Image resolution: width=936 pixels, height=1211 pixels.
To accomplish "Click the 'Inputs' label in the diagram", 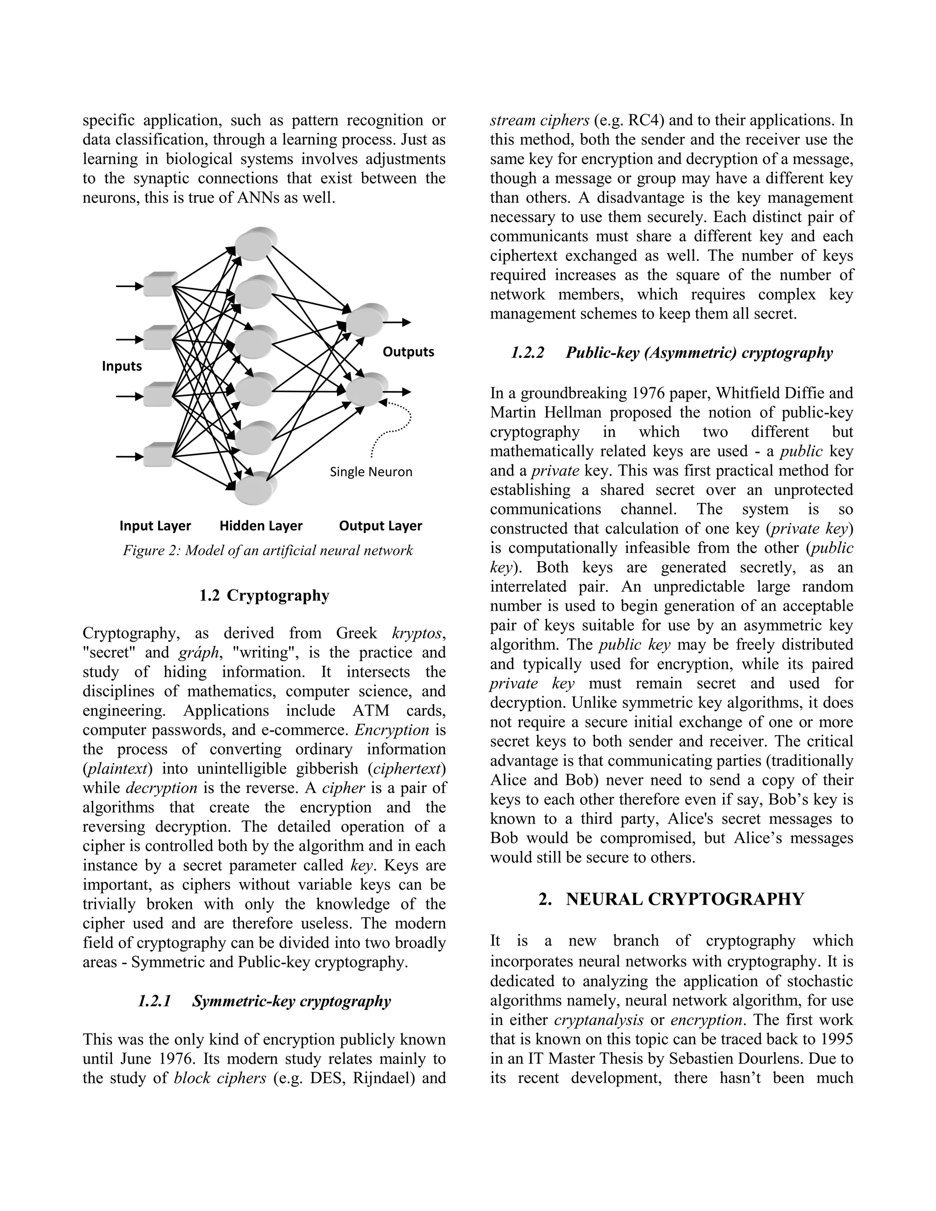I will click(x=122, y=366).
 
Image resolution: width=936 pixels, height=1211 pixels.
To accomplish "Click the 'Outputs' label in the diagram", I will click(x=408, y=351).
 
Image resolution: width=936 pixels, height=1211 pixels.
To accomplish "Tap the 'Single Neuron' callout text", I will click(x=371, y=472).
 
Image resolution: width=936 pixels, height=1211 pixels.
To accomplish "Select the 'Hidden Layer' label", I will click(x=261, y=526).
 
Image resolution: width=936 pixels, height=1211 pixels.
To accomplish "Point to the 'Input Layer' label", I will click(x=155, y=526).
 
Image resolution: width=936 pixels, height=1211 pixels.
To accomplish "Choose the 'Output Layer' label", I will click(x=380, y=526).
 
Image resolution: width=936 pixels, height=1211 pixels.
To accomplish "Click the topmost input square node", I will click(x=159, y=285).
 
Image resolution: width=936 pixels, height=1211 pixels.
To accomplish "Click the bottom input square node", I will click(x=159, y=455).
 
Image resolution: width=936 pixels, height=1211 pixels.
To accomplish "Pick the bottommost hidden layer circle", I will click(x=253, y=488).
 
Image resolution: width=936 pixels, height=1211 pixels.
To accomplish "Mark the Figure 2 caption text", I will click(x=268, y=551).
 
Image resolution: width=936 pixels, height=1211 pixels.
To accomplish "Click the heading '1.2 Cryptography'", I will click(x=264, y=595).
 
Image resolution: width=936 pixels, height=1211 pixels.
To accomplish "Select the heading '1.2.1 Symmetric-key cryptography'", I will click(x=264, y=1001).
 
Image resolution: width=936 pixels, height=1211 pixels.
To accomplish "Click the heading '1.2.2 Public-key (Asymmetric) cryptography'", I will click(x=671, y=353).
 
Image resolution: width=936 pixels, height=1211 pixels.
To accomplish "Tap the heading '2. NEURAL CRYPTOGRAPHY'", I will click(x=671, y=899).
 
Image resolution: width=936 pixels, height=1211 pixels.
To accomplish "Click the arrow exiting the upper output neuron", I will click(x=398, y=322).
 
